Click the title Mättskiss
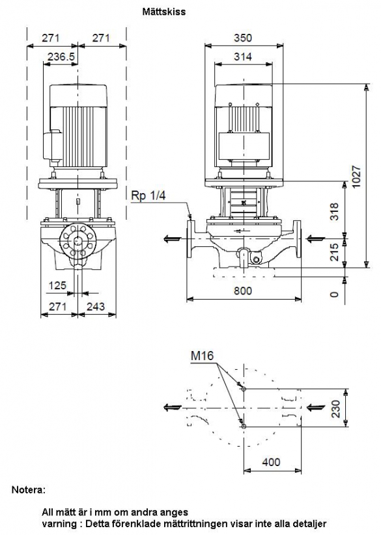click(x=164, y=12)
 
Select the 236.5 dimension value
click(x=61, y=57)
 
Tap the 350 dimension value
click(x=243, y=38)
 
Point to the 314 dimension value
click(x=243, y=57)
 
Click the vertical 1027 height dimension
click(x=356, y=176)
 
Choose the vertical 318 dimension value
click(x=334, y=211)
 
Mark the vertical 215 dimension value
click(x=334, y=252)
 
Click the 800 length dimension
click(x=243, y=291)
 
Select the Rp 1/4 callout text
click(x=148, y=196)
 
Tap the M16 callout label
click(x=202, y=356)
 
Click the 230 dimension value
click(x=336, y=409)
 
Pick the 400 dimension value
click(x=271, y=462)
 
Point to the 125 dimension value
click(x=57, y=285)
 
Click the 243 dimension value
click(x=96, y=306)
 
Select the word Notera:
click(x=29, y=490)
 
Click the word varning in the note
click(x=57, y=523)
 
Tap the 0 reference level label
click(x=335, y=294)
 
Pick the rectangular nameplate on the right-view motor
click(x=244, y=146)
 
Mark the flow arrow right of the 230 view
click(x=316, y=407)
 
